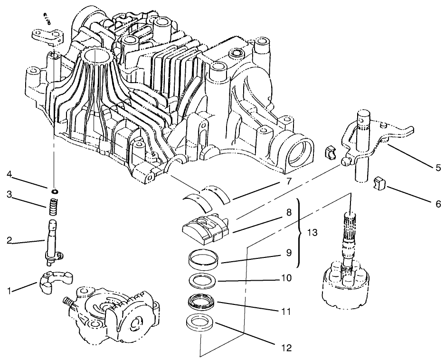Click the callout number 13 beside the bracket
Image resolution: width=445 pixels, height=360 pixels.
(x=312, y=233)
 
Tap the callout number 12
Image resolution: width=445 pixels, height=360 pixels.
(x=287, y=348)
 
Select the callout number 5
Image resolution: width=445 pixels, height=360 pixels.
(x=438, y=168)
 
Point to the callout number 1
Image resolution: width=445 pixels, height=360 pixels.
(x=9, y=291)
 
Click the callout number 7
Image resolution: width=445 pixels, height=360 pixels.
(x=289, y=181)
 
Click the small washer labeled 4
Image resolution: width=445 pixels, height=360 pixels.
(x=55, y=190)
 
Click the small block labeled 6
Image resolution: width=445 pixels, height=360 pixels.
(x=378, y=182)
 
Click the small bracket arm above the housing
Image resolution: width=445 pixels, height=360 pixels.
(x=47, y=36)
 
